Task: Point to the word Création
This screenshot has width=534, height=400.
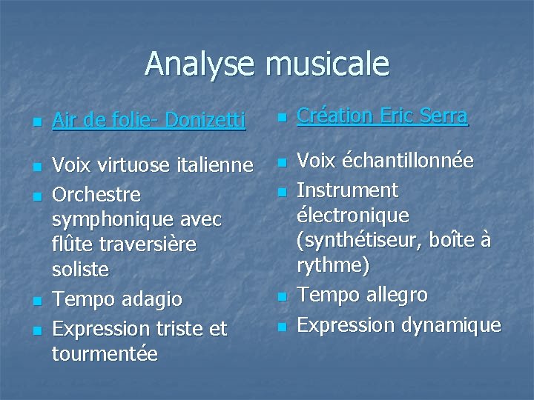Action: point(335,116)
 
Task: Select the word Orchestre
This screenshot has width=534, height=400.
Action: point(96,194)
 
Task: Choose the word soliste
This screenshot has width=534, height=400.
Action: point(80,270)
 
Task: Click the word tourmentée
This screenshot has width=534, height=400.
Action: point(105,354)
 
